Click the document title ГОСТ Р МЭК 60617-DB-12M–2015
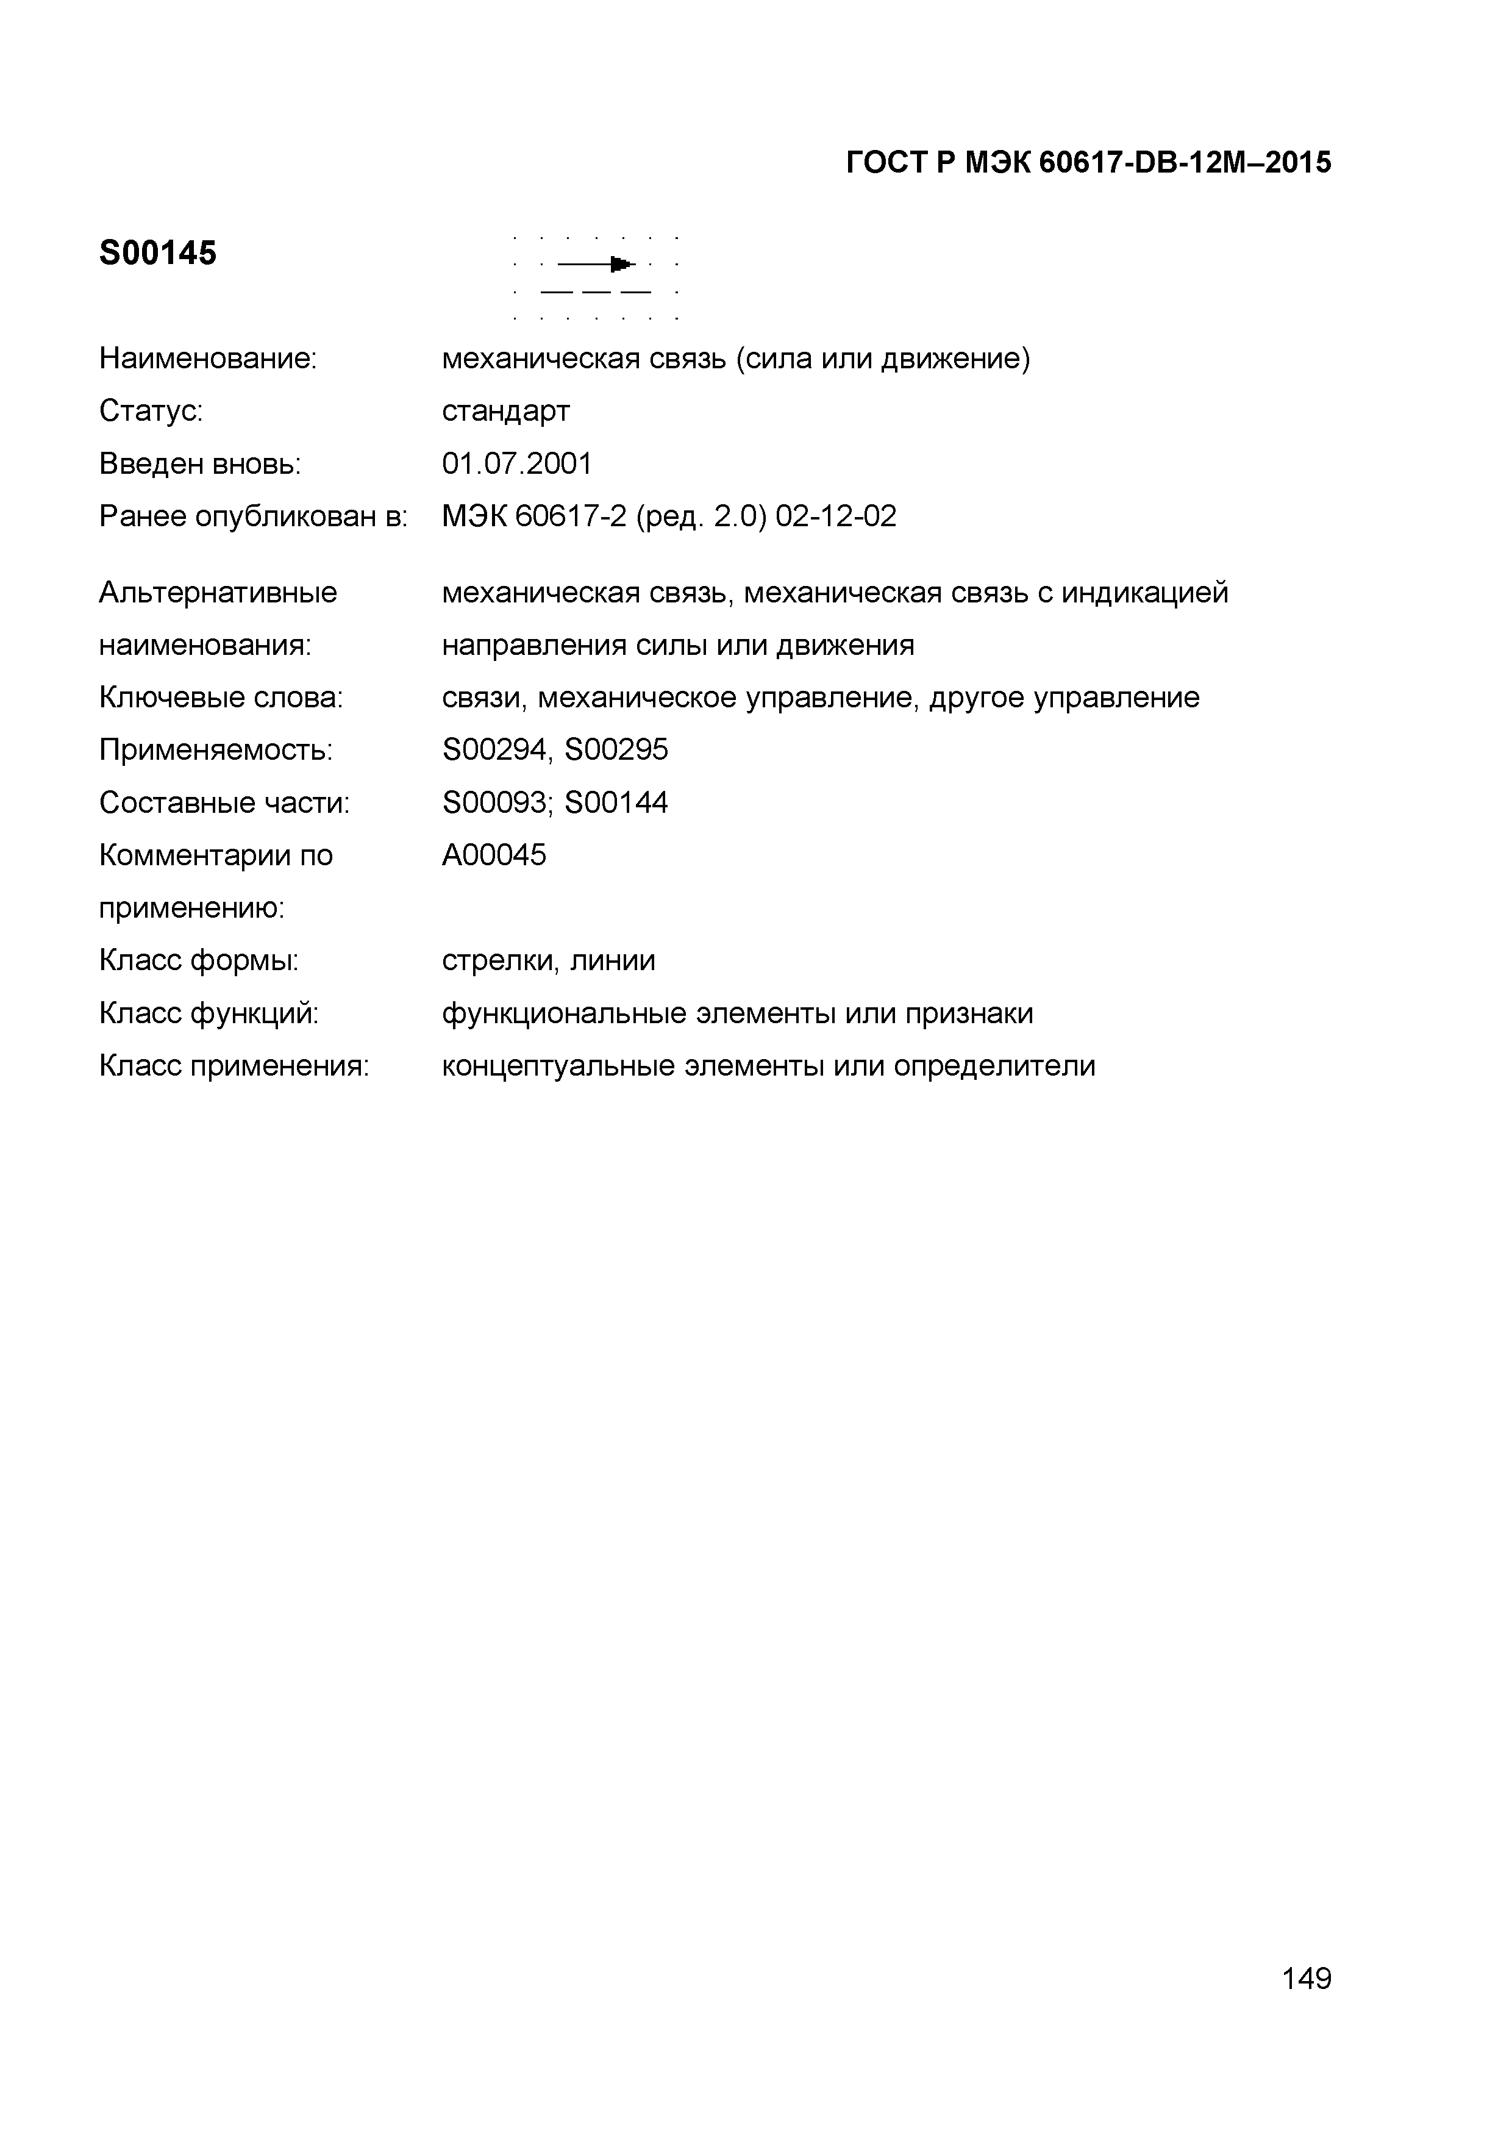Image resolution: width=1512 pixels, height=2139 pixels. [x=1088, y=163]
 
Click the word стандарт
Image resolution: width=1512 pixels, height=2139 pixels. [x=506, y=411]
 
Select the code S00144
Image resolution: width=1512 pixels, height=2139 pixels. [x=617, y=802]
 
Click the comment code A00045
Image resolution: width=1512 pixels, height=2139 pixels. [x=494, y=854]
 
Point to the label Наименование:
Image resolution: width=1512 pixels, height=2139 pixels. [x=208, y=359]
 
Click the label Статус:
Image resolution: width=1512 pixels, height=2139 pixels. [x=151, y=411]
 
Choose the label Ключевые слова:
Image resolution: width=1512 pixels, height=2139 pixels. [x=221, y=697]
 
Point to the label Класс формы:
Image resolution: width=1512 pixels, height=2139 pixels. [x=198, y=960]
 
